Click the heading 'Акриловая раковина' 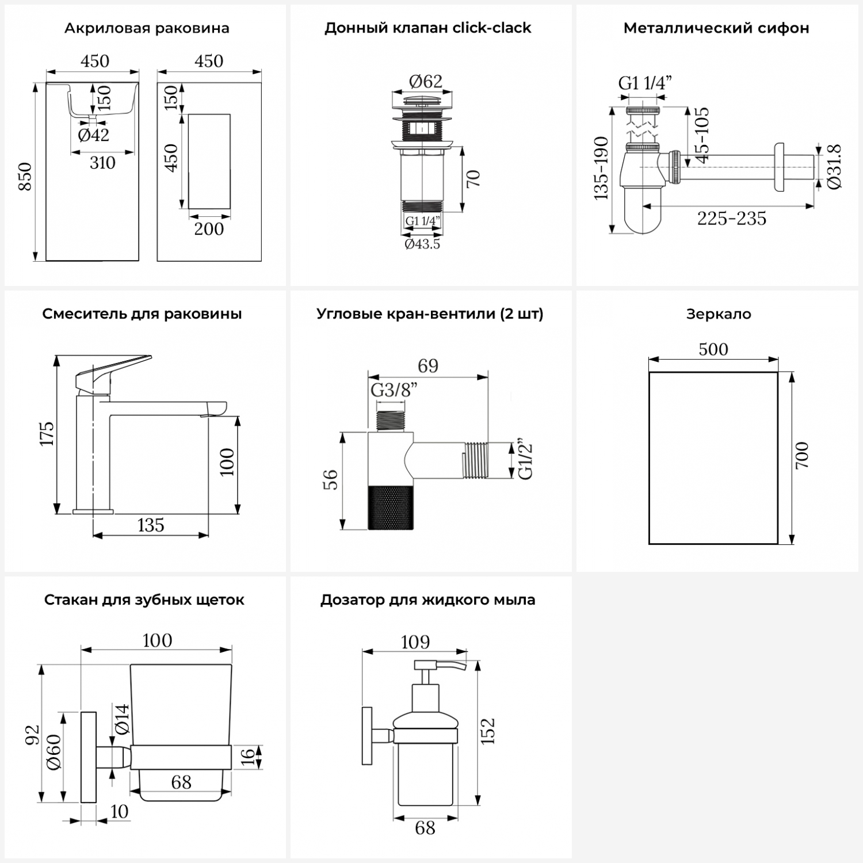pos(147,28)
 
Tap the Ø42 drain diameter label pos(93,135)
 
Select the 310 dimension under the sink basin pos(102,163)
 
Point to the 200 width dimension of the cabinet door pos(209,229)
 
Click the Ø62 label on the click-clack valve pos(426,81)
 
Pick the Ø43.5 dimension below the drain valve pos(422,244)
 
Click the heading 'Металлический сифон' pos(716,28)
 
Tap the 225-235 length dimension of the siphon pos(732,219)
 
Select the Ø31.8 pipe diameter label pos(835,166)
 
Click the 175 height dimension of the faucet pos(47,433)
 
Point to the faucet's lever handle pos(115,368)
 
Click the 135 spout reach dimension pos(151,525)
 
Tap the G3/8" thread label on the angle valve pos(394,390)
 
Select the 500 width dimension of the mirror pos(713,349)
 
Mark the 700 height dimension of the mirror pos(803,455)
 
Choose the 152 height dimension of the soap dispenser pos(488,731)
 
